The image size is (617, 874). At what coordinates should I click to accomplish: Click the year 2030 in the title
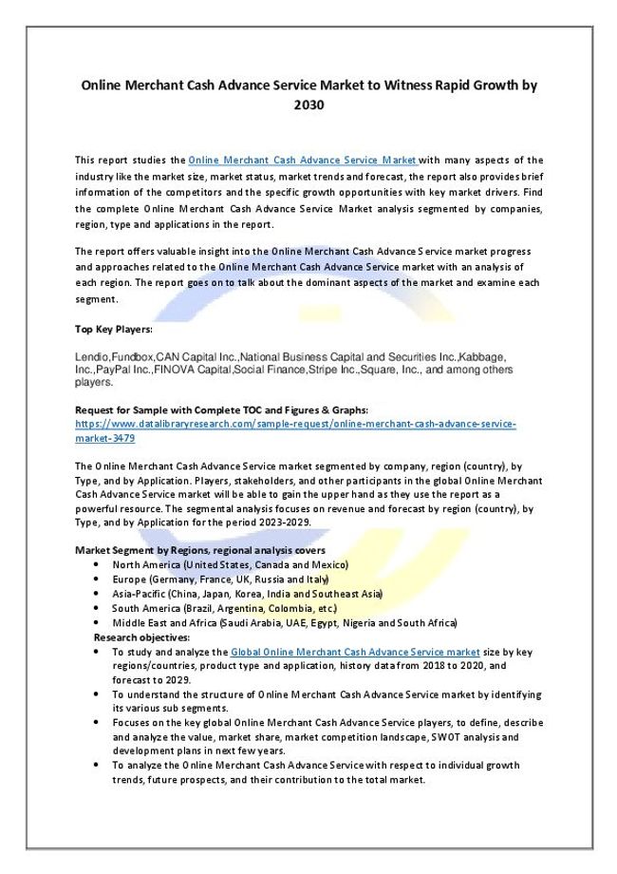(308, 105)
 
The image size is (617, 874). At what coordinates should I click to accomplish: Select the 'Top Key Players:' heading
(113, 329)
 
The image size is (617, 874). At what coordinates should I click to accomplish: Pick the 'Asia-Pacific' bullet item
(247, 593)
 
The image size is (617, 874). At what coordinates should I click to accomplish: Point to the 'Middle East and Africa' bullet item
(284, 622)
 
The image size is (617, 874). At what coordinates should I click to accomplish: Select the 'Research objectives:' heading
(141, 636)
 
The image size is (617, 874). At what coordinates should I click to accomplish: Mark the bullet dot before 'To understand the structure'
(99, 694)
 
